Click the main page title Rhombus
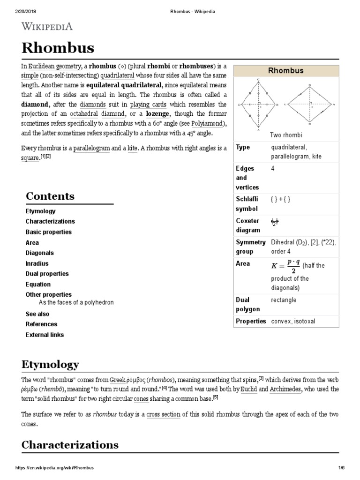[58, 47]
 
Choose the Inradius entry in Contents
[37, 263]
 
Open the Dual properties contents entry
[47, 274]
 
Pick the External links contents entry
[45, 335]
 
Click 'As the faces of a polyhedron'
[76, 302]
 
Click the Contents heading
[50, 196]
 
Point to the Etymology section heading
[50, 364]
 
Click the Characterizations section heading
[70, 444]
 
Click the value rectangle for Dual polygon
[284, 300]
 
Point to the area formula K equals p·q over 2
[286, 265]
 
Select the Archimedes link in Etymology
[285, 389]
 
